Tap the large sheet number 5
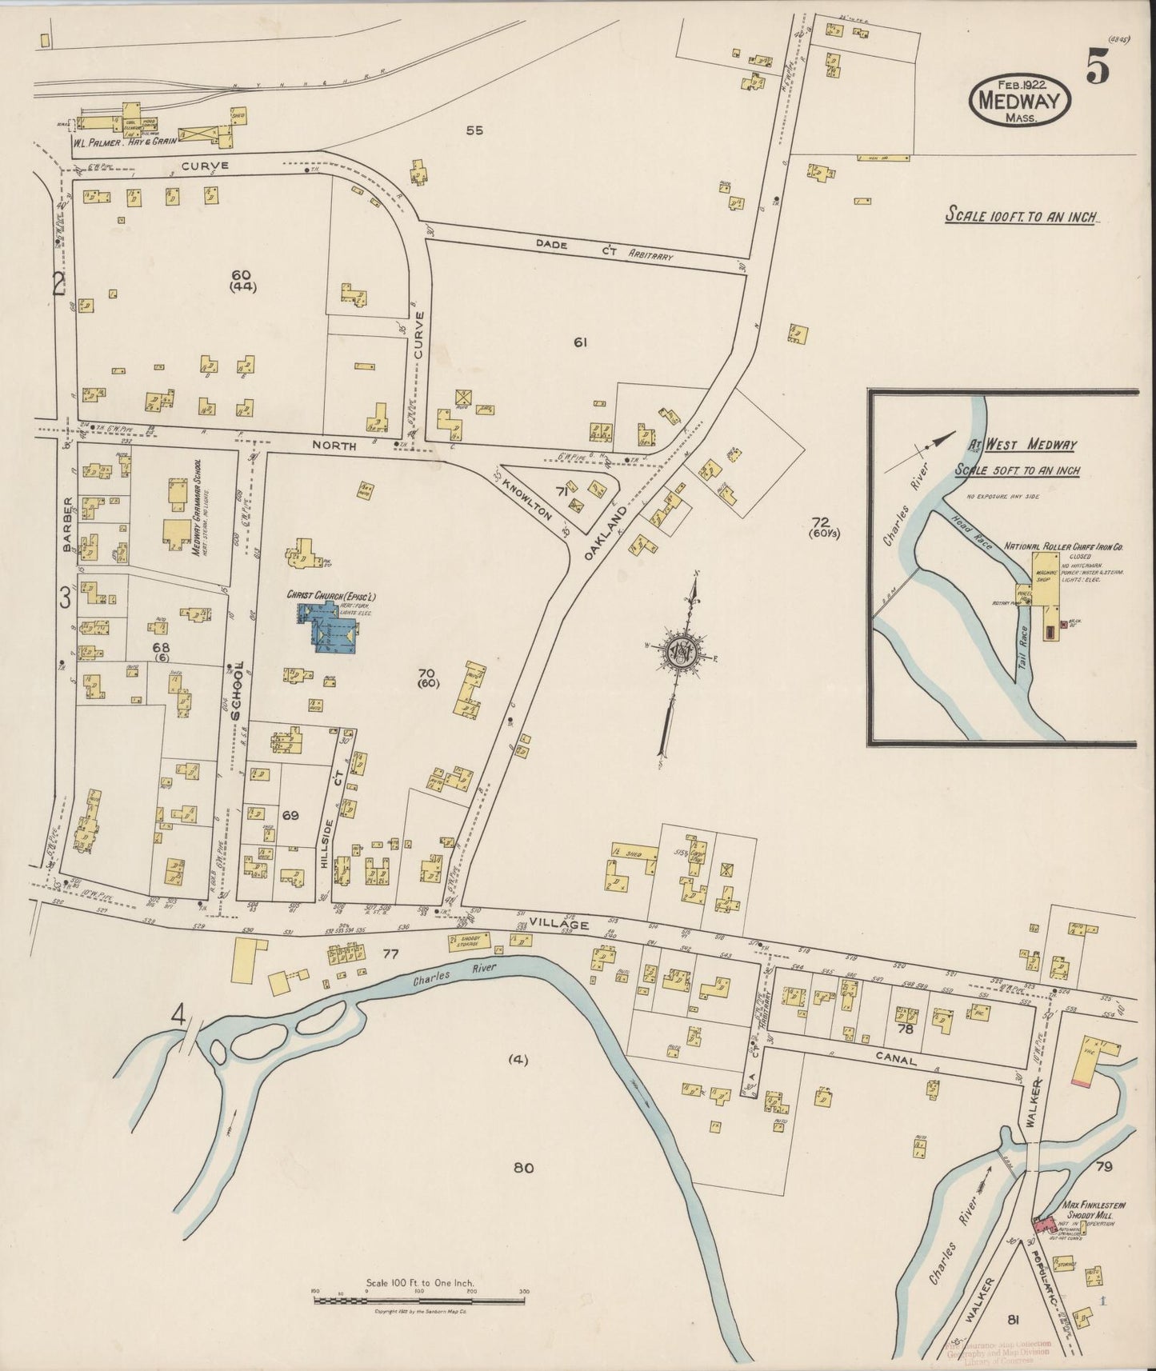1098,70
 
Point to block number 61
581,343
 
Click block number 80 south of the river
523,1167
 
